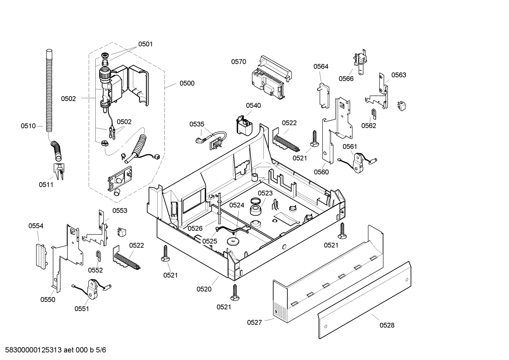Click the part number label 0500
tap(187, 83)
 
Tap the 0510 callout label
tap(28, 126)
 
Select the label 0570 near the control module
tap(239, 61)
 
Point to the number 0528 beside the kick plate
tap(387, 325)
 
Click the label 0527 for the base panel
tap(254, 322)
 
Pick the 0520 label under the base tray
tap(204, 289)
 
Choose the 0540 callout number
tap(253, 106)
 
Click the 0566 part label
tap(346, 79)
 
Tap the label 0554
tap(36, 226)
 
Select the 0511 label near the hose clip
tap(46, 185)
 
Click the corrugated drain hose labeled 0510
tap(49, 91)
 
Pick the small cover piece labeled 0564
tap(323, 95)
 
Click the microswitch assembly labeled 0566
tap(360, 61)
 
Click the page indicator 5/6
tap(101, 350)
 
